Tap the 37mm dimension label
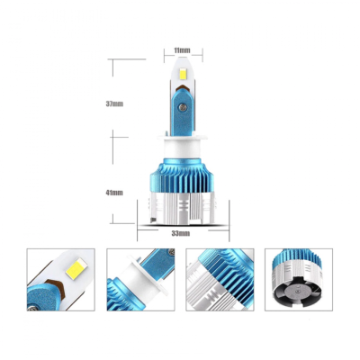point(115,103)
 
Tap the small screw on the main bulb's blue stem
point(183,106)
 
